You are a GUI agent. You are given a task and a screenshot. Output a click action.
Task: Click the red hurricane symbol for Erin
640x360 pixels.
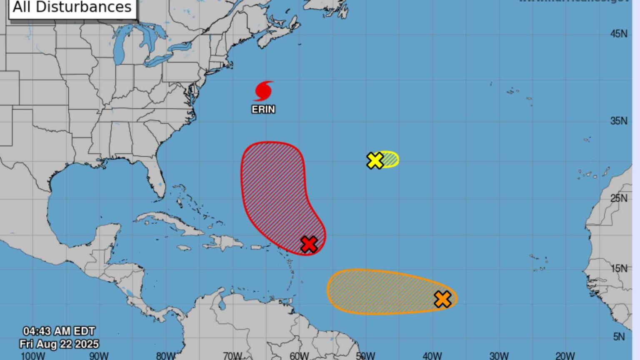coord(263,91)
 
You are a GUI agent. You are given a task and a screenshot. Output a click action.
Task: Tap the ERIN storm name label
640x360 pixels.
coord(263,109)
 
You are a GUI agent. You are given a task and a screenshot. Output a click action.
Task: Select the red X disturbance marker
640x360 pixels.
coord(309,244)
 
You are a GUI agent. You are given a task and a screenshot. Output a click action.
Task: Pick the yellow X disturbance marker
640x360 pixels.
coord(375,160)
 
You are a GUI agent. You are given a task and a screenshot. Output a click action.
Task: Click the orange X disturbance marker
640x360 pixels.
coord(442,299)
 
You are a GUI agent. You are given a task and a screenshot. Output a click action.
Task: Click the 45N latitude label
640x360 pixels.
coord(619,34)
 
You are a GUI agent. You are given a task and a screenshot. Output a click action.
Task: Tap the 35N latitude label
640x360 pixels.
coord(619,121)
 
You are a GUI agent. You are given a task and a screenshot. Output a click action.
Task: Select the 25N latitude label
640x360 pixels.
coord(619,198)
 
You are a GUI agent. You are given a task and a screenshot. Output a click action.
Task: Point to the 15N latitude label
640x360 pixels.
coord(619,268)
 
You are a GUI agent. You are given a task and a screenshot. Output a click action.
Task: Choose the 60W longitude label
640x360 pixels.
coord(299,356)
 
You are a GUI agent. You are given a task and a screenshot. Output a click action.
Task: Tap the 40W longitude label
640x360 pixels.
coord(432,356)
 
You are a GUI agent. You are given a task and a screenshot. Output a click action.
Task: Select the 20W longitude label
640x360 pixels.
coord(565,356)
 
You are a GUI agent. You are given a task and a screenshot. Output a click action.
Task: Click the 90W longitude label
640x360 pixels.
coord(99,356)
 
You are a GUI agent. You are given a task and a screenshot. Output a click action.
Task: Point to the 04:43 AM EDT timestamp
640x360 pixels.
coord(59,331)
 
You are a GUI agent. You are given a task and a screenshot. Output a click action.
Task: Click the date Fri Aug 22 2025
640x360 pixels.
coord(59,344)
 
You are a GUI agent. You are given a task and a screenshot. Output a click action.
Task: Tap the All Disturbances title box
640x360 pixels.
coord(72,7)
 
